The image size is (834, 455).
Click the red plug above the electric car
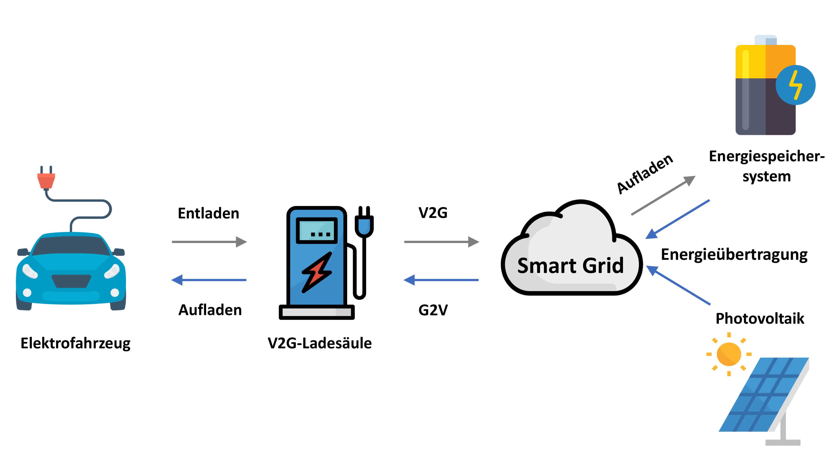(46, 180)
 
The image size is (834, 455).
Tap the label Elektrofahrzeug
(75, 343)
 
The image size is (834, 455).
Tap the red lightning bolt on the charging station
(317, 272)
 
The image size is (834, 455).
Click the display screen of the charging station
(317, 230)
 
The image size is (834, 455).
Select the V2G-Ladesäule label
(320, 343)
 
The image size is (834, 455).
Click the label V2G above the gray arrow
(433, 213)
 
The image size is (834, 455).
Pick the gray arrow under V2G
(441, 242)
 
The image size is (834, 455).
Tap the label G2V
(433, 310)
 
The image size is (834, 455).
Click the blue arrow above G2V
(441, 280)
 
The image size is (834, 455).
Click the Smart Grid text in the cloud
(570, 266)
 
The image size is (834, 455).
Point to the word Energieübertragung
(734, 255)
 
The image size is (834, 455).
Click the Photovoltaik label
(760, 318)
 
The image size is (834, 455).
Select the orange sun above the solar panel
(729, 354)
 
